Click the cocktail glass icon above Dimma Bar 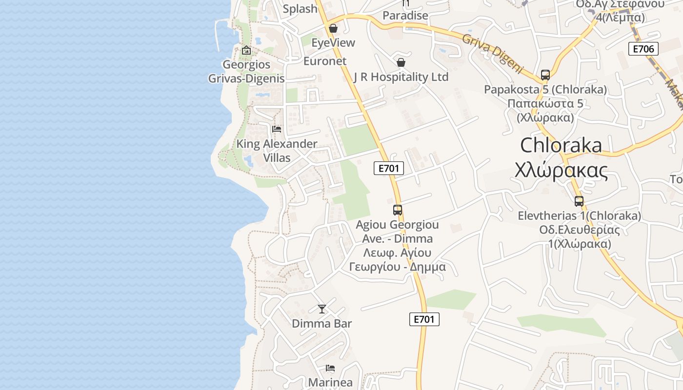[322, 309]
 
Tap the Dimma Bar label [321, 324]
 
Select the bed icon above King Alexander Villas [277, 129]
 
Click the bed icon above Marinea [330, 368]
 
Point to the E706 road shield [643, 49]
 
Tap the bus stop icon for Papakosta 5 [545, 75]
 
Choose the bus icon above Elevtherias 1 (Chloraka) [579, 201]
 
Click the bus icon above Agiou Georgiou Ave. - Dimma [398, 210]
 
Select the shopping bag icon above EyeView [333, 28]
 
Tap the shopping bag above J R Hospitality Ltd [401, 62]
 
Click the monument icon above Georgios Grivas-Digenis [246, 50]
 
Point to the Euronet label [325, 61]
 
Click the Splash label [300, 9]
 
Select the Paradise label [405, 16]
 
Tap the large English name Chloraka [561, 145]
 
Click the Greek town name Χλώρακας [561, 171]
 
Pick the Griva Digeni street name [492, 54]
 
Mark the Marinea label [330, 383]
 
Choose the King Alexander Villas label [277, 151]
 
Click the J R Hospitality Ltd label [401, 77]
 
